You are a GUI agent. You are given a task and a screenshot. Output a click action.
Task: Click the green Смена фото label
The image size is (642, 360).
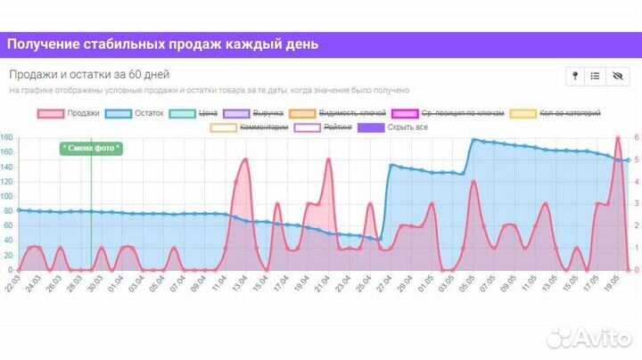[91, 148]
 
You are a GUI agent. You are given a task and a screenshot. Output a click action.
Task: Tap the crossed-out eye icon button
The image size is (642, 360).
[615, 77]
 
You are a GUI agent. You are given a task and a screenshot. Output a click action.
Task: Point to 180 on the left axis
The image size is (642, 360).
[6, 138]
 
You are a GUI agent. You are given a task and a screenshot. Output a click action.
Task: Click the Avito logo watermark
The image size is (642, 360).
[588, 337]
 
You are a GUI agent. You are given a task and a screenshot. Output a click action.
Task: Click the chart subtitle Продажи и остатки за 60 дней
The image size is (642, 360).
[89, 75]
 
